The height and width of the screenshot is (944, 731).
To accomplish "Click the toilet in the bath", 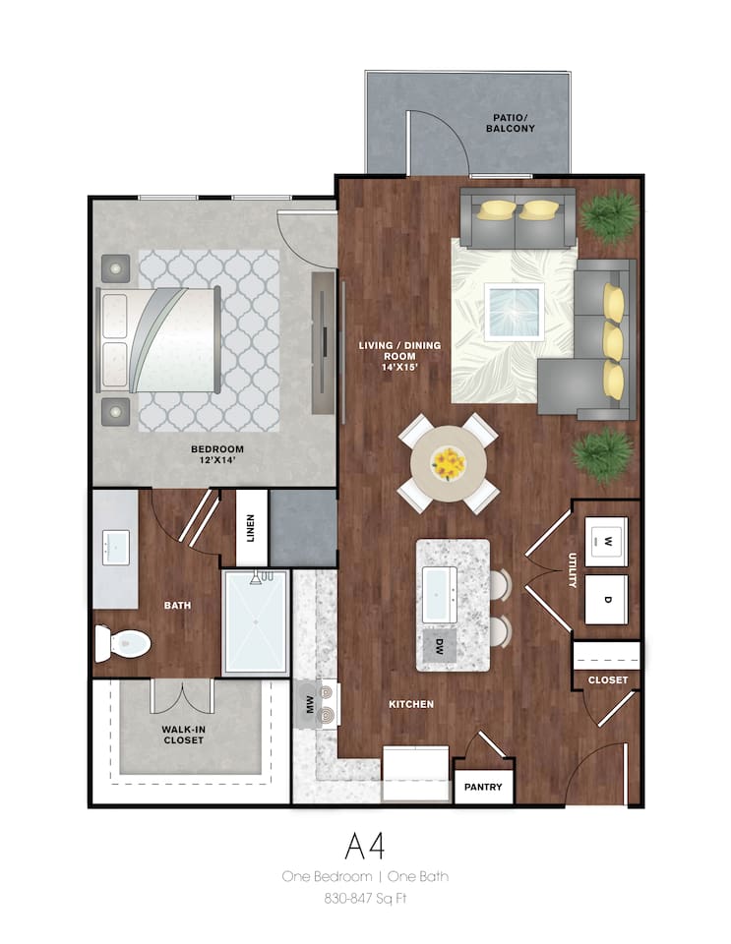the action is pyautogui.click(x=123, y=643).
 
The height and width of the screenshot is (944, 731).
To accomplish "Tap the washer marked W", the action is pyautogui.click(x=606, y=541).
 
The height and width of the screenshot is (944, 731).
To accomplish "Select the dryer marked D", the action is pyautogui.click(x=606, y=599).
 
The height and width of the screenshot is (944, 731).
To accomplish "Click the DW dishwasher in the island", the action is pyautogui.click(x=439, y=645).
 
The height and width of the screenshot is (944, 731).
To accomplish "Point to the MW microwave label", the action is pyautogui.click(x=310, y=704).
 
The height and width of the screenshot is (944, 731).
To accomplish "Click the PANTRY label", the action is pyautogui.click(x=483, y=787).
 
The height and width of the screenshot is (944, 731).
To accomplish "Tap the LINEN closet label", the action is pyautogui.click(x=251, y=528).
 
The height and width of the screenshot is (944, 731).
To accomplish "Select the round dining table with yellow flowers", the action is pyautogui.click(x=449, y=463).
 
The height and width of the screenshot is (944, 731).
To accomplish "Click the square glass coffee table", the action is pyautogui.click(x=515, y=312).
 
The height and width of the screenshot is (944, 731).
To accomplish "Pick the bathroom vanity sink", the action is pyautogui.click(x=115, y=548).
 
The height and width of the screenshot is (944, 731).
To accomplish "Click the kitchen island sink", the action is pyautogui.click(x=439, y=595).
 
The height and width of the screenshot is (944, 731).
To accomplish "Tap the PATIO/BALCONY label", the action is pyautogui.click(x=510, y=123).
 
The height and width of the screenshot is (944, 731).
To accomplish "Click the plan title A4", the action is pyautogui.click(x=364, y=846).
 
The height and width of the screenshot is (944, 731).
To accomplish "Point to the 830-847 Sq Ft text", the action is pyautogui.click(x=366, y=898).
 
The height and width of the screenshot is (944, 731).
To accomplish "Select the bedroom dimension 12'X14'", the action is pyautogui.click(x=216, y=460).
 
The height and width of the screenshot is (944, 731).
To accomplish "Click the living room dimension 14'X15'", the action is pyautogui.click(x=399, y=367).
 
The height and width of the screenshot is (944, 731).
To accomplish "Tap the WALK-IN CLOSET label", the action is pyautogui.click(x=184, y=735).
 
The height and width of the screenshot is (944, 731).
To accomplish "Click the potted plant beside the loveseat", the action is pyautogui.click(x=609, y=216).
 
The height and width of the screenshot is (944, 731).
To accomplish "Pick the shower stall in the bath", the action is pyautogui.click(x=255, y=621).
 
